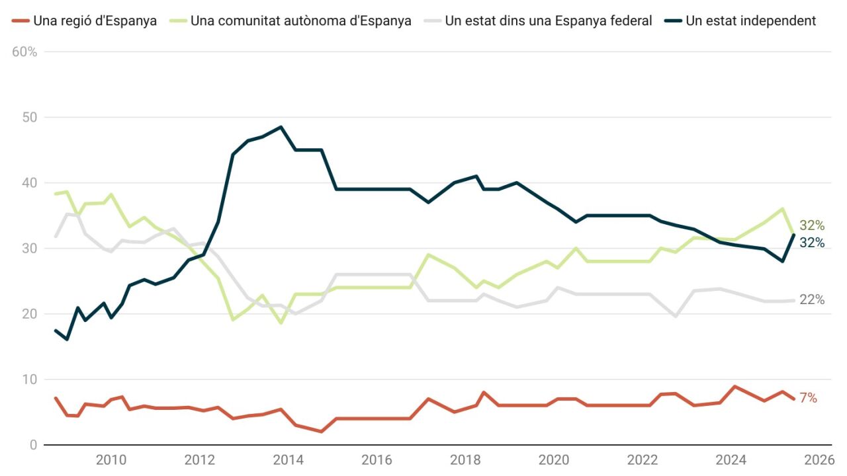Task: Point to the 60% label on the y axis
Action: click(24, 52)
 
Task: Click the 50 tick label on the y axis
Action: click(28, 117)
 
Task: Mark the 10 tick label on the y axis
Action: click(29, 379)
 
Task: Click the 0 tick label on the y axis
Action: click(33, 445)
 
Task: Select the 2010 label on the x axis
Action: click(111, 460)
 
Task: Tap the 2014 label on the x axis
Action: click(288, 460)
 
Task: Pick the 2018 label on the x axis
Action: click(465, 460)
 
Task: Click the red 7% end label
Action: click(808, 398)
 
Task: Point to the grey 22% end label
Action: click(812, 299)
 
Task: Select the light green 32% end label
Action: click(812, 225)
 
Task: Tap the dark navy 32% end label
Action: click(812, 243)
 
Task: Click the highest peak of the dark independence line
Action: click(281, 127)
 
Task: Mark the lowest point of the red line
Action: click(321, 432)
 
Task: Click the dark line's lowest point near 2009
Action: click(67, 339)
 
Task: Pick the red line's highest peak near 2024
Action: click(735, 386)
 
